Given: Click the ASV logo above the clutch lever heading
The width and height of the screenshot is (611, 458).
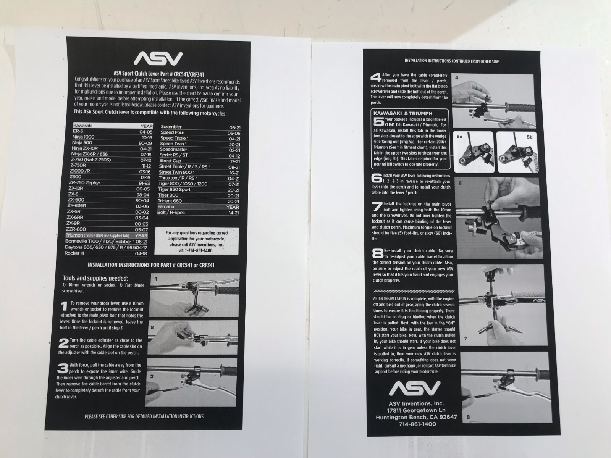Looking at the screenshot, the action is click(158, 58).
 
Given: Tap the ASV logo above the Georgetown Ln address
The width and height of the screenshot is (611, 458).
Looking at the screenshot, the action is click(414, 388).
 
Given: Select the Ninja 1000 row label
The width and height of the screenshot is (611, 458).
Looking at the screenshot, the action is click(83, 137).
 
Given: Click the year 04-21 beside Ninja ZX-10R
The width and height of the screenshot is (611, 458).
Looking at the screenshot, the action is click(146, 149).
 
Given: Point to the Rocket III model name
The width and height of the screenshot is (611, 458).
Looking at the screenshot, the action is click(74, 253).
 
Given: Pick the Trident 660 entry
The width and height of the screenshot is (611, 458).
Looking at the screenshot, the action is click(170, 201).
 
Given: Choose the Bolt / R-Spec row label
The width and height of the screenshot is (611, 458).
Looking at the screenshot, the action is click(171, 213).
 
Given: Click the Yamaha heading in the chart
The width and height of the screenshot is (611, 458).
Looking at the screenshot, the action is click(166, 206).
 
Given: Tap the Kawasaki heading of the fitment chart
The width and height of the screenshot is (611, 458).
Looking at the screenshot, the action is click(82, 126).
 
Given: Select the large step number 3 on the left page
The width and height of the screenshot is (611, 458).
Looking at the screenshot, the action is click(63, 368).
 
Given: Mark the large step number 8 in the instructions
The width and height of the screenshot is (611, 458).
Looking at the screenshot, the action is click(378, 253).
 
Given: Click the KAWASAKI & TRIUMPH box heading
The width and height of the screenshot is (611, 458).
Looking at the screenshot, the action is click(403, 113).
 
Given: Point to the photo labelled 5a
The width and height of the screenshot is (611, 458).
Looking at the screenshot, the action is click(474, 152).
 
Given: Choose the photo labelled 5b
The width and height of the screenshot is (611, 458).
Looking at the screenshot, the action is click(517, 152).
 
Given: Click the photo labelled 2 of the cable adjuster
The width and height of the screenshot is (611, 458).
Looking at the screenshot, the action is click(193, 337).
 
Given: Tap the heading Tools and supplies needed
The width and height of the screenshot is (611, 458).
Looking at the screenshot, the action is click(95, 278).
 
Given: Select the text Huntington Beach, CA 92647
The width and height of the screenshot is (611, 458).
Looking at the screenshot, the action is click(416, 417).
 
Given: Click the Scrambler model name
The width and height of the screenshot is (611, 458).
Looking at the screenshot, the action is click(171, 127).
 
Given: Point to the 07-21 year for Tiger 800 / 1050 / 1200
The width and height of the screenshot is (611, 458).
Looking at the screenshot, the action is click(234, 184).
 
